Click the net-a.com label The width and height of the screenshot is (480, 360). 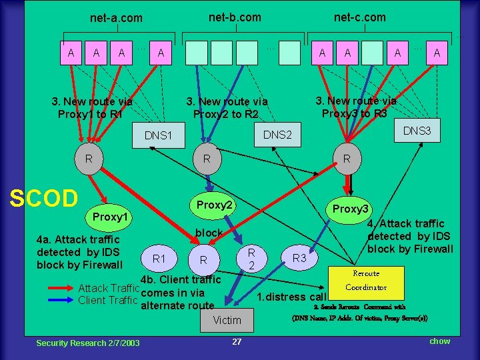pyautogui.click(x=116, y=18)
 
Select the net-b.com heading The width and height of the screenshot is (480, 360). pyautogui.click(x=235, y=17)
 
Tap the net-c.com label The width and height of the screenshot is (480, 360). pyautogui.click(x=359, y=17)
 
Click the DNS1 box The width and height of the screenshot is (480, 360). pyautogui.click(x=159, y=136)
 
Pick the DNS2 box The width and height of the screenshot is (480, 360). pyautogui.click(x=278, y=135)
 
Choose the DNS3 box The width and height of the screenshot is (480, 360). pyautogui.click(x=417, y=131)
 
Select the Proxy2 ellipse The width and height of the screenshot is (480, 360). pyautogui.click(x=214, y=205)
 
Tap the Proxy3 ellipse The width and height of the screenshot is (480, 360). pyautogui.click(x=351, y=209)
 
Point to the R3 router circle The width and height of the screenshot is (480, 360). pyautogui.click(x=301, y=257)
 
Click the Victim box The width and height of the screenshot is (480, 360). pyautogui.click(x=227, y=320)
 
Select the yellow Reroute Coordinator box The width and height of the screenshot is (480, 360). pyautogui.click(x=366, y=281)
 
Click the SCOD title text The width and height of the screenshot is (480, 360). pyautogui.click(x=44, y=197)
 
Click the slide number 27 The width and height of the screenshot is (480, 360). pyautogui.click(x=237, y=341)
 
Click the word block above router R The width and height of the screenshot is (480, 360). pyautogui.click(x=209, y=233)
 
